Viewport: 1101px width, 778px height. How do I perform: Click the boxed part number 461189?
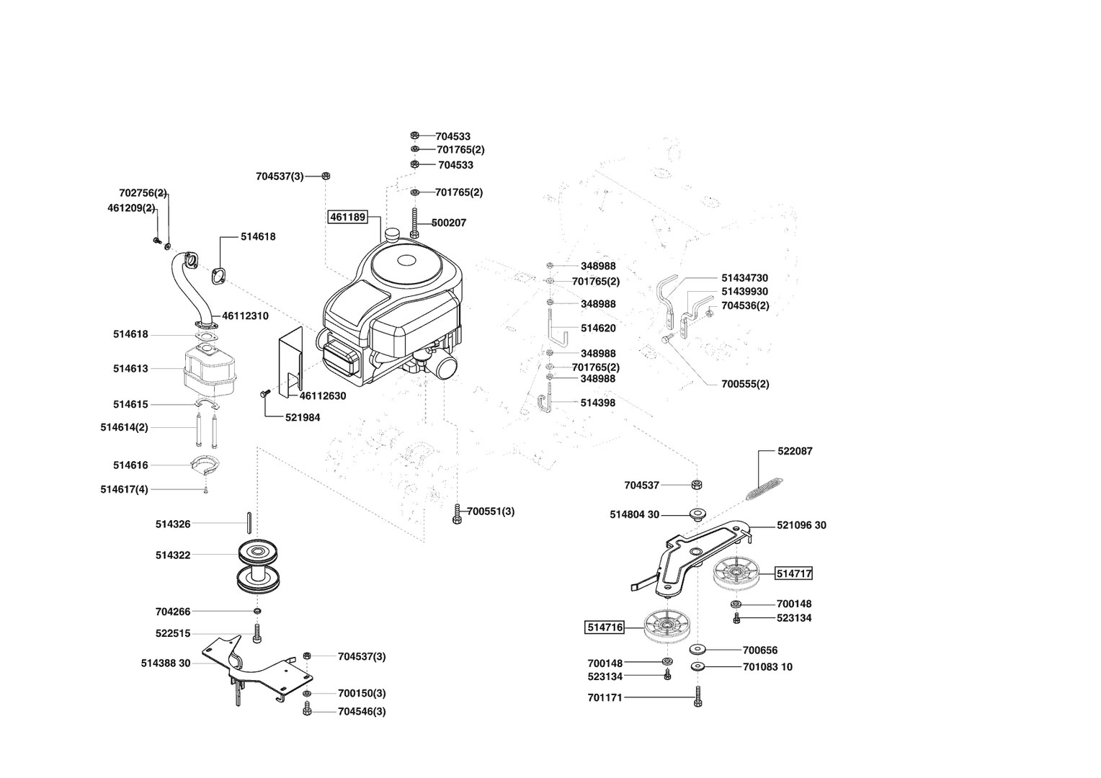tap(348, 217)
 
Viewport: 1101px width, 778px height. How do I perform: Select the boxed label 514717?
tap(794, 574)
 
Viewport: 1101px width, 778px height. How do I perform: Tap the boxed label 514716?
tap(605, 627)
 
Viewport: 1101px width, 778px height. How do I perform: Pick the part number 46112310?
tap(245, 316)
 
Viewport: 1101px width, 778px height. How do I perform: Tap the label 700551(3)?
tap(491, 511)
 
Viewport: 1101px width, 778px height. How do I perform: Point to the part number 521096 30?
tap(801, 525)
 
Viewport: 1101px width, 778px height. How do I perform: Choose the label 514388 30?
tap(166, 663)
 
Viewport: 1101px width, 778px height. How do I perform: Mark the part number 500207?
tap(449, 223)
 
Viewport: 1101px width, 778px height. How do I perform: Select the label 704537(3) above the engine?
tap(280, 176)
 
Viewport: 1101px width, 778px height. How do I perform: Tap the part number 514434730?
tap(744, 278)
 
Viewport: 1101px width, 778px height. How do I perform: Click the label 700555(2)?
tap(745, 384)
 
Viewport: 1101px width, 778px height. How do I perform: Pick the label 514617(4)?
tap(124, 490)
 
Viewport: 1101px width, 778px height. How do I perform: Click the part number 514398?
tap(598, 403)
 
